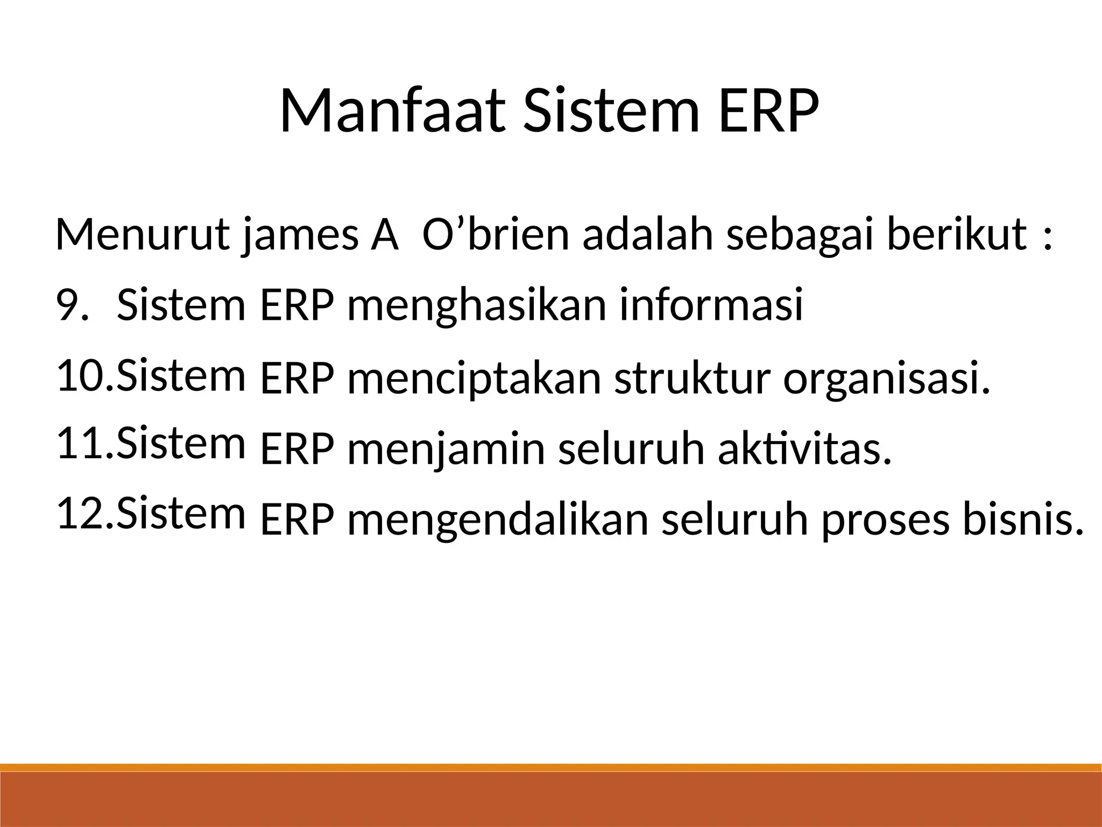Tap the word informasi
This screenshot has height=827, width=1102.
[711, 305]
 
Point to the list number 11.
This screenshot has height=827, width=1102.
[81, 444]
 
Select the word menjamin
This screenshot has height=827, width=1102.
[446, 450]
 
